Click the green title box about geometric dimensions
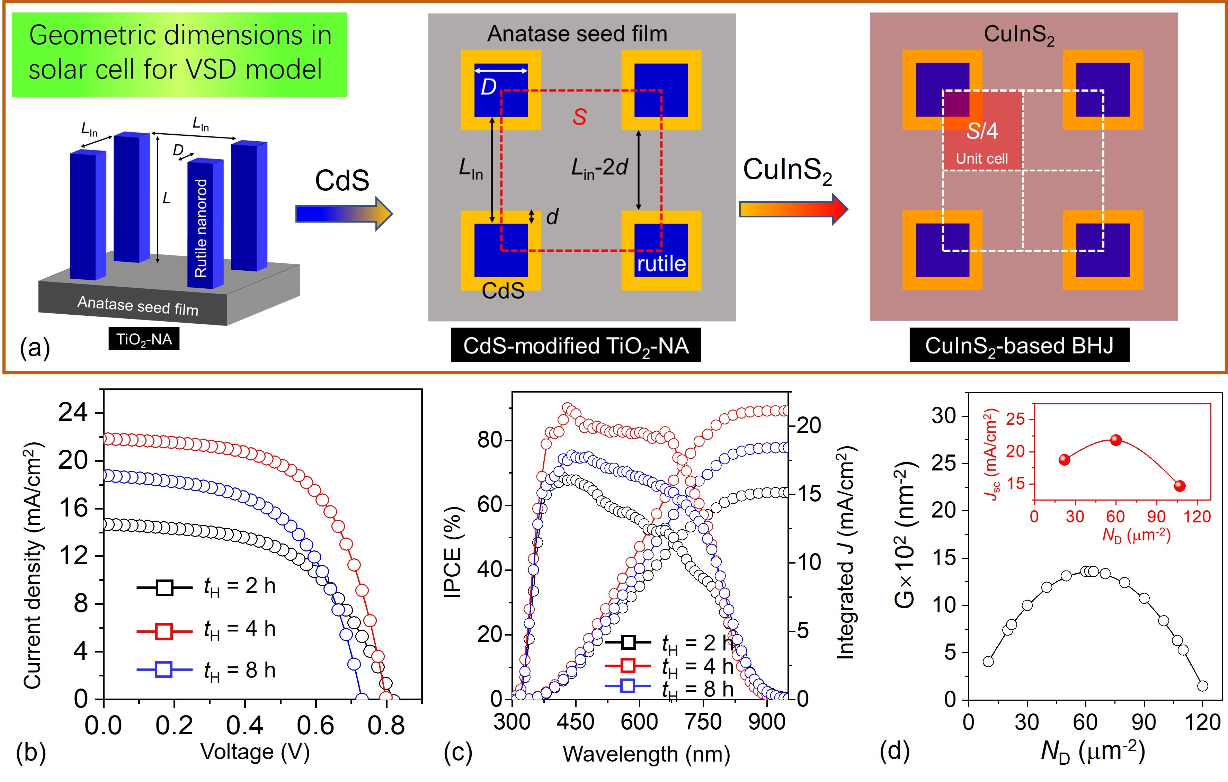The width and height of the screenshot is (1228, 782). [x=179, y=54]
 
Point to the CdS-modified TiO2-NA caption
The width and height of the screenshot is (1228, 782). [x=575, y=345]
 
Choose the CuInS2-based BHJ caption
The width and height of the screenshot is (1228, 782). [x=1019, y=345]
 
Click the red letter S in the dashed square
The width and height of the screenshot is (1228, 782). [x=579, y=117]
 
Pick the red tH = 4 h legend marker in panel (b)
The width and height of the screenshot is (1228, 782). [x=164, y=631]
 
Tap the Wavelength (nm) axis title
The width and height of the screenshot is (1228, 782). [x=646, y=754]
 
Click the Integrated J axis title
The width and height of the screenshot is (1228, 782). [x=847, y=553]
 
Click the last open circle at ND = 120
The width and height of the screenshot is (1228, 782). [x=1202, y=686]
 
